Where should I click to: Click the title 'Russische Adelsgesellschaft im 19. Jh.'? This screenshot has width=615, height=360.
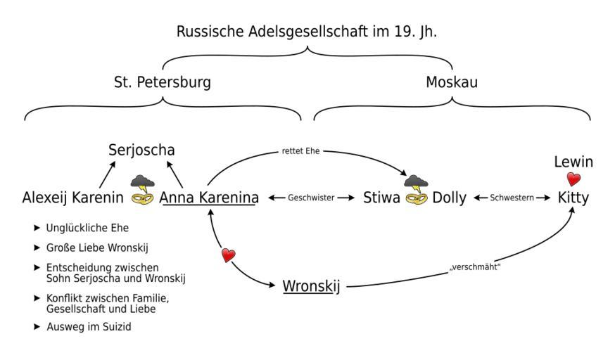pos(307,31)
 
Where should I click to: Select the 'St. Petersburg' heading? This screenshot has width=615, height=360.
pos(162,82)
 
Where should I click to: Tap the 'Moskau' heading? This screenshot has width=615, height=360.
pos(452,82)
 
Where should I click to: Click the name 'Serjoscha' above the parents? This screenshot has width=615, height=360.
pos(141,150)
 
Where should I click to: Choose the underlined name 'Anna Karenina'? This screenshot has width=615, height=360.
pos(209,198)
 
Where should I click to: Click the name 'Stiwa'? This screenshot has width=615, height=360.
pos(381,198)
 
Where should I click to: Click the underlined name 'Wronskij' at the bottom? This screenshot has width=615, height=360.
pos(311,286)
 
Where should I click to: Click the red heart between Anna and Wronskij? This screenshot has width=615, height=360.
pos(228,256)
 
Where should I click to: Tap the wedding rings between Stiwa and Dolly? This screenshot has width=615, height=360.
pos(415,198)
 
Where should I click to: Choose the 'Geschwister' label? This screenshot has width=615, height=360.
pos(310,198)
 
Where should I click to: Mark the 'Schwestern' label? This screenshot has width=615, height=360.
pos(512,198)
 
